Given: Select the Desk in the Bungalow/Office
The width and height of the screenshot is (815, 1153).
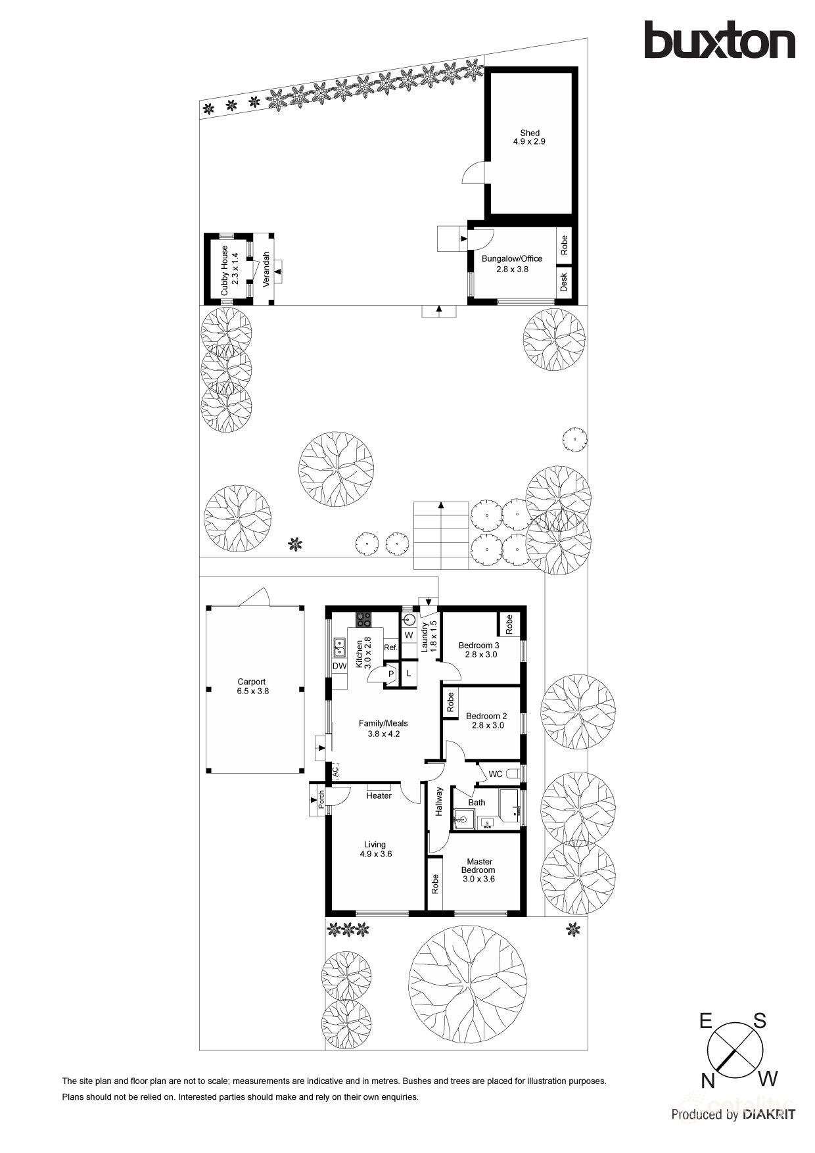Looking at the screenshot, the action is point(564,282).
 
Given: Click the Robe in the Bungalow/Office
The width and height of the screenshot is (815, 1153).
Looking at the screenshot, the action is point(564,246).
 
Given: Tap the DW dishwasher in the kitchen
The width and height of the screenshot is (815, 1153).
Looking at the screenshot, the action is point(339,666).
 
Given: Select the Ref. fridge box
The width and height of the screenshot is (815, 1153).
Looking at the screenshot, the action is point(391,647).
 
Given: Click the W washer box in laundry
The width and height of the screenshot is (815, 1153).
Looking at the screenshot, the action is point(409,636).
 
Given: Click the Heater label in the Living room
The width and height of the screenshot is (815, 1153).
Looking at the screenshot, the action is point(379,796).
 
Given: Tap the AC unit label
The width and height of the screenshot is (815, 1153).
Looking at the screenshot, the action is point(335,770).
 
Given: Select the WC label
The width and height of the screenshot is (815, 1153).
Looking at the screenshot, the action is point(496,774).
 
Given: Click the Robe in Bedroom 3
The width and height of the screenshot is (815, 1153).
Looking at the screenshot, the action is point(509,624).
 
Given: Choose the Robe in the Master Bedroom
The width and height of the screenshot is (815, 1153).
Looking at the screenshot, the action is point(435,883).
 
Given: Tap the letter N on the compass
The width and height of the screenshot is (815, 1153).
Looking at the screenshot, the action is point(708,1081).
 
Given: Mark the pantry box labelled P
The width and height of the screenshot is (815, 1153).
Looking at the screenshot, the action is point(391,674).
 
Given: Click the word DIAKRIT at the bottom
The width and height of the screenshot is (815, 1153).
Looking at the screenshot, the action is point(769,1114).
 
